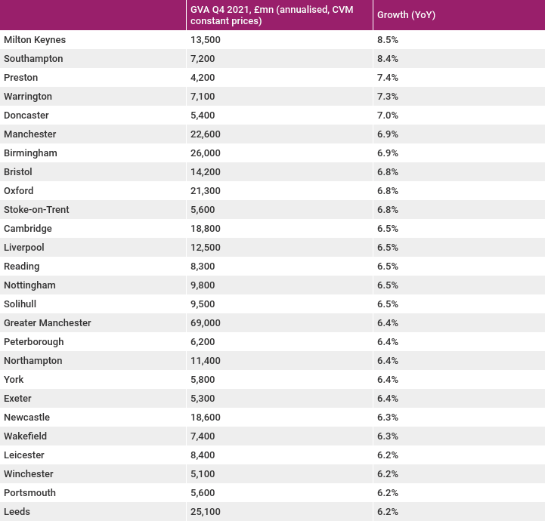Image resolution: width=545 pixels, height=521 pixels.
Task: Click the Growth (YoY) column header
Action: pyautogui.click(x=406, y=15)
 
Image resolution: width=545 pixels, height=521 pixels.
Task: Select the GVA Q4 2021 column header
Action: pyautogui.click(x=272, y=15)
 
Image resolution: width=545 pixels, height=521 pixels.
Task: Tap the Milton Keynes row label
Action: pyautogui.click(x=35, y=40)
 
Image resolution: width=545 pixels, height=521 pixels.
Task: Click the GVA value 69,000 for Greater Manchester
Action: pyautogui.click(x=205, y=323)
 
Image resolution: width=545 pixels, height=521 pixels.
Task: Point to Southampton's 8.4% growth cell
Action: pyautogui.click(x=388, y=59)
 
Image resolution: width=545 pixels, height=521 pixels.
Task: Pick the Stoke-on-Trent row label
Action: pyautogui.click(x=36, y=210)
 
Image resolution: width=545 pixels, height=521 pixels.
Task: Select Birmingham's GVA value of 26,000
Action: pyautogui.click(x=205, y=153)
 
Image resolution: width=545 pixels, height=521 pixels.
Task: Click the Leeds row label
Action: pyautogui.click(x=17, y=512)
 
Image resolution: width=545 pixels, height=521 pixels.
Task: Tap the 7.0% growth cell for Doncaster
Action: pyautogui.click(x=388, y=116)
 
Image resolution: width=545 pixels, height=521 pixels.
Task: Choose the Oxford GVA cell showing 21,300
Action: pyautogui.click(x=205, y=191)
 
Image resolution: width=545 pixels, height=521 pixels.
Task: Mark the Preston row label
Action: pyautogui.click(x=21, y=78)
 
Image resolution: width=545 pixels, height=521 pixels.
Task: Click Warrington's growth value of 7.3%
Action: pyautogui.click(x=388, y=97)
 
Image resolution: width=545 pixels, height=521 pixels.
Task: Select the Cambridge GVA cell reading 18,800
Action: pyautogui.click(x=205, y=228)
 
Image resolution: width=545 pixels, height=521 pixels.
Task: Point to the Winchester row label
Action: pyautogui.click(x=29, y=473)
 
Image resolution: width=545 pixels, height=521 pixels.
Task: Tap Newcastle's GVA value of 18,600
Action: pyautogui.click(x=205, y=418)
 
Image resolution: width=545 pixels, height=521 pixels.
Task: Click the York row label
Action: pyautogui.click(x=14, y=379)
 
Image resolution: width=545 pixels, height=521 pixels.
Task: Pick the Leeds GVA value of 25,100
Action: pyautogui.click(x=205, y=512)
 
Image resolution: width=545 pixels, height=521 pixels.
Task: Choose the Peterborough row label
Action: pyautogui.click(x=34, y=342)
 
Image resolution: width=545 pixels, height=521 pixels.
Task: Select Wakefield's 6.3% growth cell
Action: pyautogui.click(x=388, y=436)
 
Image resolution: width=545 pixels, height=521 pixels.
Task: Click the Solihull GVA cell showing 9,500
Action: pyautogui.click(x=203, y=304)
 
